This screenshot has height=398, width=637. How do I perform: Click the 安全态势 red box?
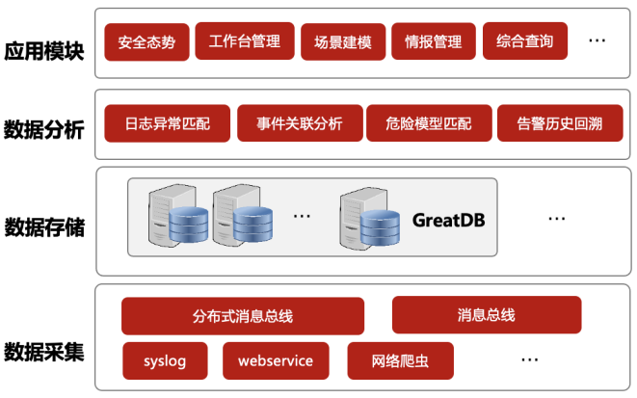[146, 42]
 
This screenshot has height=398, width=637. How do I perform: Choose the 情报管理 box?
[433, 41]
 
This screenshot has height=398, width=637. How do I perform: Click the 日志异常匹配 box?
[166, 123]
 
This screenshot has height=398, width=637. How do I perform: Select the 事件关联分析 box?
[299, 123]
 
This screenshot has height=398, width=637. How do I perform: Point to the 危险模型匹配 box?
[428, 123]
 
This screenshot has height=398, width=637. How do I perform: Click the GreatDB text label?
[448, 220]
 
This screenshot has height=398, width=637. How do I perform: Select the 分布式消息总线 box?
[243, 316]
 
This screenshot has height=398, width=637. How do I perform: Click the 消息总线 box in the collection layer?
[486, 315]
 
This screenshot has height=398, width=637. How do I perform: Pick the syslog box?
[164, 360]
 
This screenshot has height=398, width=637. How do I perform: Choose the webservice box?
[275, 360]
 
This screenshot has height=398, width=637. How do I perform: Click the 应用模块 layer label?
[44, 48]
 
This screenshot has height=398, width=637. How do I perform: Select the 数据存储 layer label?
[44, 227]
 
